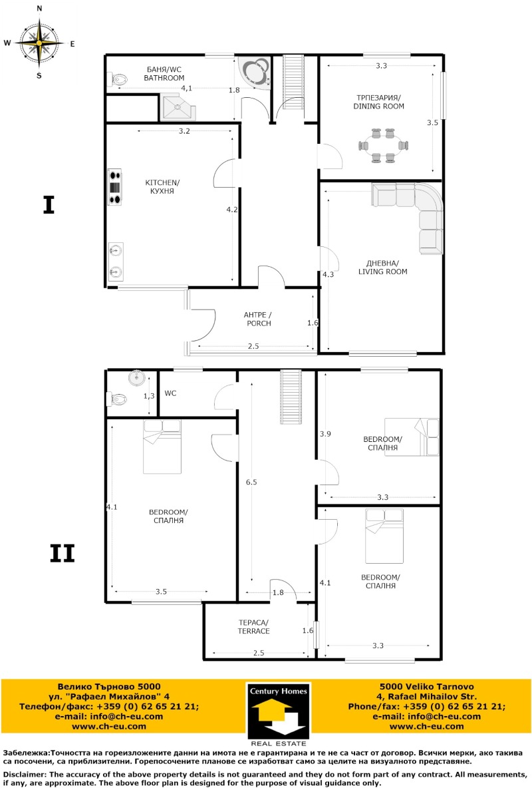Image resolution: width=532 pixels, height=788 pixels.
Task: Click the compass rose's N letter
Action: tap(39, 9)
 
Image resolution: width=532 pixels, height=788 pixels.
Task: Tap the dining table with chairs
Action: tap(382, 145)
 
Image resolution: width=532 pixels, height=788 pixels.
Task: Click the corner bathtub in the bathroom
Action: tap(256, 72)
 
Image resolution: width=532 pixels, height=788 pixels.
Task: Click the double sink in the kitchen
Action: tap(115, 260)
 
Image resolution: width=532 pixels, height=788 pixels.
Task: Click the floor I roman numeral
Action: tap(49, 205)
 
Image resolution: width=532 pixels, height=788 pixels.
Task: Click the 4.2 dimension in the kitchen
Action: tap(231, 210)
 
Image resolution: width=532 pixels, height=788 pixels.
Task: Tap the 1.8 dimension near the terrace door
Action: tap(278, 592)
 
